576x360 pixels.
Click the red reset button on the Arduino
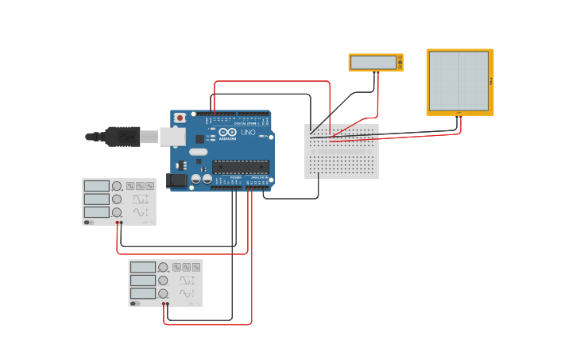[x=180, y=118]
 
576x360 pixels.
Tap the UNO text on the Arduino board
[x=248, y=133]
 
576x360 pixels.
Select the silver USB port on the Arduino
[x=172, y=137]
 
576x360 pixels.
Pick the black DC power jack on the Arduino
[x=176, y=180]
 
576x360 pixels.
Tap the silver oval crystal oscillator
[x=199, y=152]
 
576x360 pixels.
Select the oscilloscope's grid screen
[x=459, y=81]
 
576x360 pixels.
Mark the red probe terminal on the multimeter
[x=378, y=72]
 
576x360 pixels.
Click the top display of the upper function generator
[x=96, y=186]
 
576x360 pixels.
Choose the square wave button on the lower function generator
[x=176, y=268]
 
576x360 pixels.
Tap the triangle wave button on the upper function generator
[x=140, y=186]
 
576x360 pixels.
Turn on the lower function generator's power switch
[x=134, y=303]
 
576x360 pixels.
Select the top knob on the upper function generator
[x=117, y=186]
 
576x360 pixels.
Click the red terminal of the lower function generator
[x=163, y=304]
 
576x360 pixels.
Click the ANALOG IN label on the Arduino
[x=259, y=177]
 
